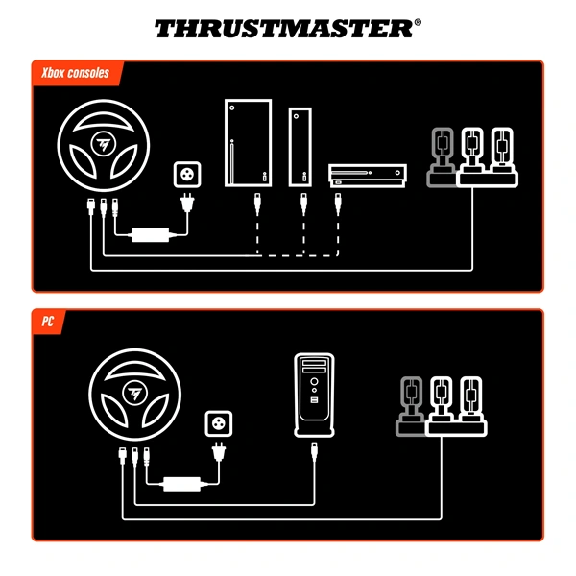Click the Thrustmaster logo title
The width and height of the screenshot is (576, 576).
(x=287, y=28)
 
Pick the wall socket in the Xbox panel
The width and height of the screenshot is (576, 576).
(x=186, y=176)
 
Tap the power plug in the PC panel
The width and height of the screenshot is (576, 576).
(x=220, y=452)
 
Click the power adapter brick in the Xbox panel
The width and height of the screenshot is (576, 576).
(x=150, y=233)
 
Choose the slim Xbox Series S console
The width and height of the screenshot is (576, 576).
(x=301, y=146)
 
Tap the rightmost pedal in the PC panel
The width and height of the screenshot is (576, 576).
(x=469, y=402)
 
